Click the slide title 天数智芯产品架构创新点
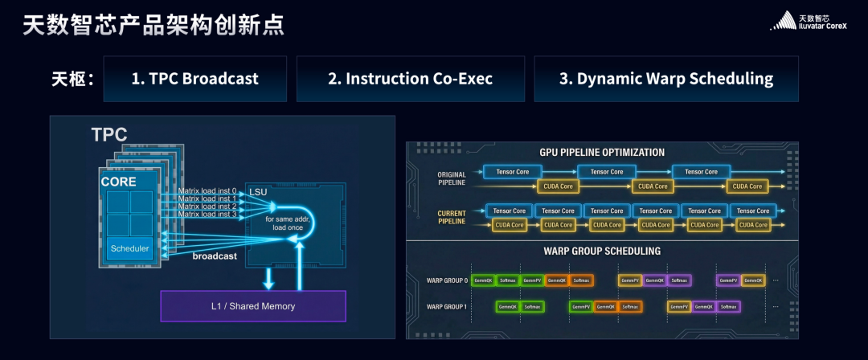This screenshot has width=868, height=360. (x=153, y=26)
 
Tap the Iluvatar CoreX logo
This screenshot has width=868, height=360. (x=812, y=22)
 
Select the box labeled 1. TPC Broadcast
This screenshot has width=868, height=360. (x=195, y=79)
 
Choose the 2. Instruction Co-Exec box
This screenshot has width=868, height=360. (x=410, y=79)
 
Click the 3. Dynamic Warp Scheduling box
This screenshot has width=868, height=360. (x=665, y=79)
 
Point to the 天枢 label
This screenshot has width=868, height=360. (x=73, y=79)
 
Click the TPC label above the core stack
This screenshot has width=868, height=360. (x=108, y=135)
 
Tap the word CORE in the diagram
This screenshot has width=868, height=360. (x=118, y=182)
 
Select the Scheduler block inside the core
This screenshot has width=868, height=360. (x=129, y=248)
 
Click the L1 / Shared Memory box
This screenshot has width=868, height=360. (x=252, y=306)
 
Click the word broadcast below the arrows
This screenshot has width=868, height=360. (x=215, y=256)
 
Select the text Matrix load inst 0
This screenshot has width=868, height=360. (x=207, y=190)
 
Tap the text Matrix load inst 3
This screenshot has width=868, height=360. (x=207, y=214)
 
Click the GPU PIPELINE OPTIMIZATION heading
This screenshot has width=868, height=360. (x=602, y=152)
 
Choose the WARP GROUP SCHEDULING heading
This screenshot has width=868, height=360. (x=602, y=251)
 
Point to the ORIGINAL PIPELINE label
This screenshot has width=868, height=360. (x=451, y=178)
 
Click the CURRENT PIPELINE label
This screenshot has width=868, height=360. (x=451, y=217)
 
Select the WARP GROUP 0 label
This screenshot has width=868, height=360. (x=446, y=280)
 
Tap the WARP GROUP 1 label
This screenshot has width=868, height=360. (x=446, y=307)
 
